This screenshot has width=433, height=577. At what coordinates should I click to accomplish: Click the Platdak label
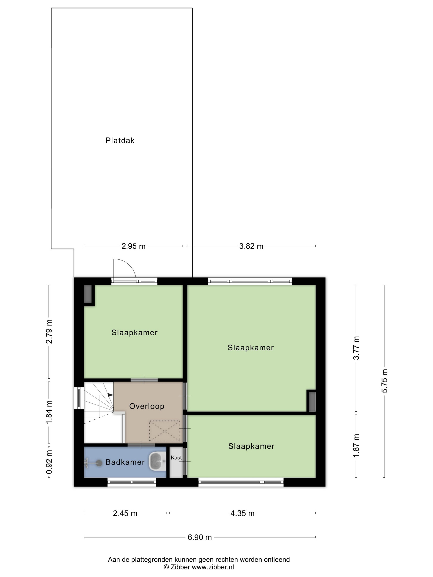[120, 141]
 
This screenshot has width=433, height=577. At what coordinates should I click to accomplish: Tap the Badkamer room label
[125, 462]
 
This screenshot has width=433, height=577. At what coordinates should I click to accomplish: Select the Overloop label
[147, 406]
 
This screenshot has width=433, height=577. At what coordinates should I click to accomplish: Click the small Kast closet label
[176, 457]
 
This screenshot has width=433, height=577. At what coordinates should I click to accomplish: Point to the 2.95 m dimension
[133, 246]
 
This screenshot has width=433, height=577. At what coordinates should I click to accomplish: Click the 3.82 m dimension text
[251, 246]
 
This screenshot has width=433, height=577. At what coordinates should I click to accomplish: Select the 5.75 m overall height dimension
[385, 381]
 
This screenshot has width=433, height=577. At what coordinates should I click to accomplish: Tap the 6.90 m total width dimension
[200, 537]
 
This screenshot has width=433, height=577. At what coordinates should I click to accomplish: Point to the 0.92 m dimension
[49, 462]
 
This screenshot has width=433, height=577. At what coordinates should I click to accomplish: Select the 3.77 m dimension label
[356, 348]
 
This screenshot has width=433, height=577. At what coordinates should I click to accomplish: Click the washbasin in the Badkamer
[157, 462]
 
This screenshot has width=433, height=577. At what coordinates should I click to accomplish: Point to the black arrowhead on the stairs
[110, 395]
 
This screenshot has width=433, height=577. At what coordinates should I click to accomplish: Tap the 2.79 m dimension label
[49, 332]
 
